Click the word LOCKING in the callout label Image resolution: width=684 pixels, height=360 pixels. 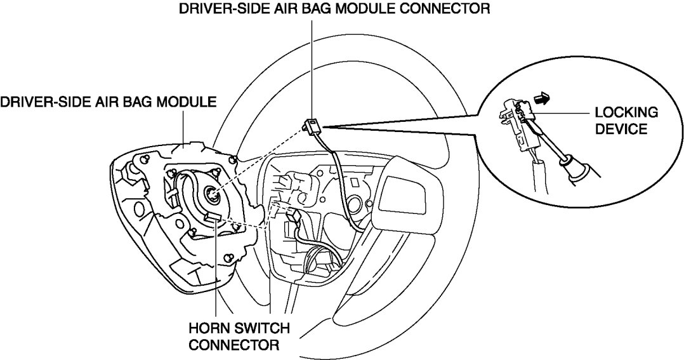click(625, 113)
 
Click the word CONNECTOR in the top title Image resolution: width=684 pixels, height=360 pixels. click(448, 10)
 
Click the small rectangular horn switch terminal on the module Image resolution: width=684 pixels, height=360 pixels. click(212, 218)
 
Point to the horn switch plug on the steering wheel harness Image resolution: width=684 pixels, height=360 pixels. click(294, 217)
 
